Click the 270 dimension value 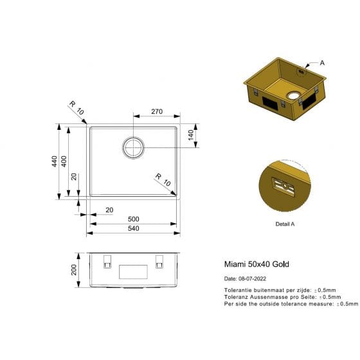coord(156,111)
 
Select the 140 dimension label coord(191,136)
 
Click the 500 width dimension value coord(133,219)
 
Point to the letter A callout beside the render coord(322,63)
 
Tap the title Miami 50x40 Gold coord(251,264)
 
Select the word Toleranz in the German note coord(235,297)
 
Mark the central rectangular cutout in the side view coord(133,271)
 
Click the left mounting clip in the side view coord(107,262)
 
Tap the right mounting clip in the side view coord(159,262)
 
